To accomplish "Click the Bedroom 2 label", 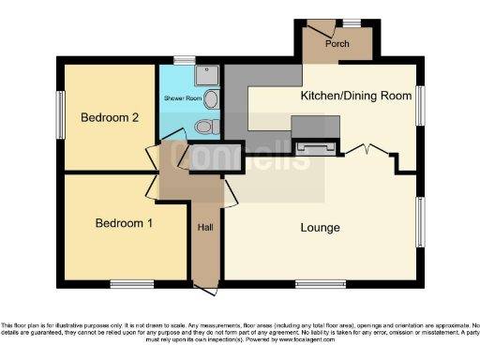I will coord(110,118).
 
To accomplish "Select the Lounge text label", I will coord(320,228).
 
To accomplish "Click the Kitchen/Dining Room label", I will coord(355,97).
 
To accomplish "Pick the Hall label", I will coord(205,227).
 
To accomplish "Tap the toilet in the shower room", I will coord(206,126).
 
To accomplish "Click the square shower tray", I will coord(207,75).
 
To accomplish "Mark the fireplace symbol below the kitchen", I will coord(314,146).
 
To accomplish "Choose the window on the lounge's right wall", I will coord(421,225).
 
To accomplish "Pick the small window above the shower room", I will coord(185,61).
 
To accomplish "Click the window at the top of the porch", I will coord(351,22).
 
